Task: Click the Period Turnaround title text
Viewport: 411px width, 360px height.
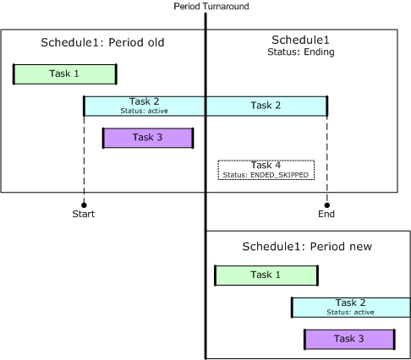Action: [x=211, y=6]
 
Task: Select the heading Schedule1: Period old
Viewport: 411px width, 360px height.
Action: [x=102, y=42]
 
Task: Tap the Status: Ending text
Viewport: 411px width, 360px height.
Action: [x=301, y=52]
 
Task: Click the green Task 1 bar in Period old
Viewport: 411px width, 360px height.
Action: [x=65, y=74]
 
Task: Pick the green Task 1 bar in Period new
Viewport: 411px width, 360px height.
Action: [x=266, y=275]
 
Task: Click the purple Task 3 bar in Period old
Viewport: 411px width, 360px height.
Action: [x=148, y=138]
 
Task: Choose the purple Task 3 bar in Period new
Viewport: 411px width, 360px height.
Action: [x=349, y=339]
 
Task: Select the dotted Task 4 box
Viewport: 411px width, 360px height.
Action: [x=266, y=170]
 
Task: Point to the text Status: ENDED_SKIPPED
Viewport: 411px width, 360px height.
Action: [x=266, y=175]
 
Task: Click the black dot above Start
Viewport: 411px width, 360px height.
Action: [x=84, y=205]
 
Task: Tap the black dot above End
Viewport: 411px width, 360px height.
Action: [x=327, y=205]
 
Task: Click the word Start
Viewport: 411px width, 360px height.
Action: [x=84, y=214]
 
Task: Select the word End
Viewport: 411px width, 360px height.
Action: [x=326, y=214]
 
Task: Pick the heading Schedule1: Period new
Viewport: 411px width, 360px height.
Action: [x=307, y=247]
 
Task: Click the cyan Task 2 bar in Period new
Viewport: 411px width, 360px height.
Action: [x=351, y=308]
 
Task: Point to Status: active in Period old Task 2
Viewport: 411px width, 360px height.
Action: [x=145, y=111]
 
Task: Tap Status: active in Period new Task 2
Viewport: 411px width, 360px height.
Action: [x=350, y=313]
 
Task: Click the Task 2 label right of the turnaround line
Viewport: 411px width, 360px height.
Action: [x=266, y=106]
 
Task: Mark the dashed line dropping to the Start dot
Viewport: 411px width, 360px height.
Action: [x=84, y=159]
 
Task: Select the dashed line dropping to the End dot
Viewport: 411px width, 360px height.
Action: [x=327, y=159]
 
